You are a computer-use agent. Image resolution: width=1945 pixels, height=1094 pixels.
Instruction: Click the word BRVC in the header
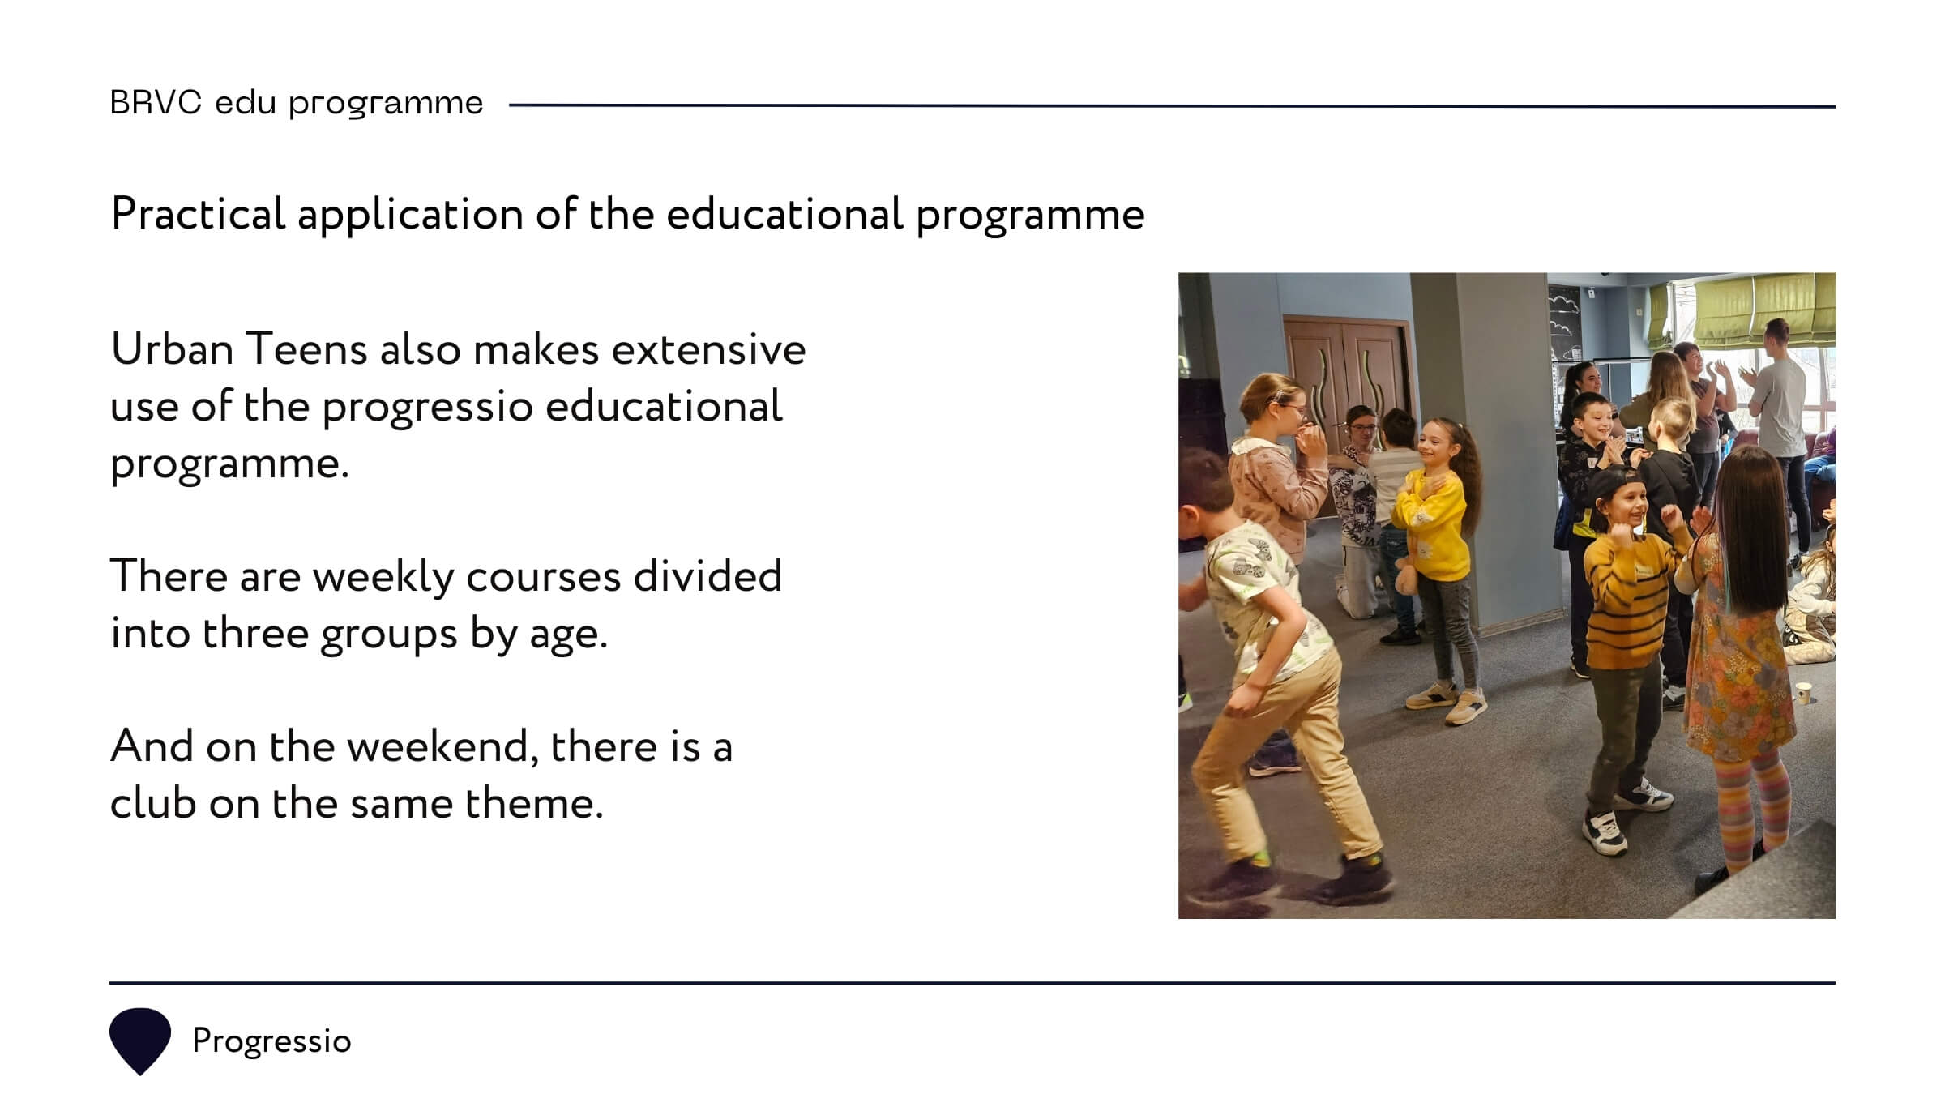point(156,103)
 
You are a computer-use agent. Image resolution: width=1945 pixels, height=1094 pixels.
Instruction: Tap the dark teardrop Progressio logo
point(140,1041)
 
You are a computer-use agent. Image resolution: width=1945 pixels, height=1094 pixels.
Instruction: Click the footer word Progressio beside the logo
point(271,1041)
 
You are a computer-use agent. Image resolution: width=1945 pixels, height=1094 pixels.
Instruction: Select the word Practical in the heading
point(198,214)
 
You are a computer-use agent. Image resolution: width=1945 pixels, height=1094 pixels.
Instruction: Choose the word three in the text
point(255,633)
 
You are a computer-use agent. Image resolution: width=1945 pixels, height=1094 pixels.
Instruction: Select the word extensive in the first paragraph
point(708,350)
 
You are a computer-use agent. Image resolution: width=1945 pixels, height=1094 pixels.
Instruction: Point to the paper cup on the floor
point(1803,694)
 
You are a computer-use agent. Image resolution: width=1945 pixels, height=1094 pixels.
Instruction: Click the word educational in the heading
point(784,214)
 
